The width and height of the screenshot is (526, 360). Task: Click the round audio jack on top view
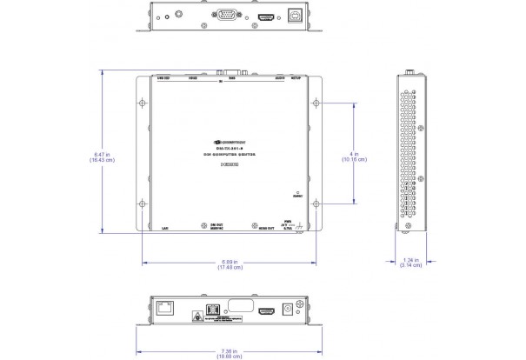pos(179,15)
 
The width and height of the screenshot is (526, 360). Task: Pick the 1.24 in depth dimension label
pos(411,262)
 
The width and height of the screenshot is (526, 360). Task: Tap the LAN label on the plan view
pos(164,228)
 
